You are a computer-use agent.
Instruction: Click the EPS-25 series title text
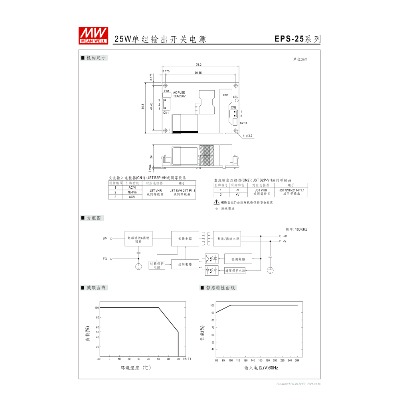coord(297,39)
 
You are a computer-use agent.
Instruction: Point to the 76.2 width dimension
coord(198,65)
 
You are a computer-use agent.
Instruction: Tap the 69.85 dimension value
coord(198,73)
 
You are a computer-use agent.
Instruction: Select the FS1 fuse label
coord(167,91)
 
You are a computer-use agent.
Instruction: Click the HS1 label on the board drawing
coord(225,95)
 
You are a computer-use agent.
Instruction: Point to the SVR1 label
coord(243,123)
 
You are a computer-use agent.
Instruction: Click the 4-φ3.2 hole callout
coord(247,136)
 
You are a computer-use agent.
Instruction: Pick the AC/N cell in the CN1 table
coord(132,187)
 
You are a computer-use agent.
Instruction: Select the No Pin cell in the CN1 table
coord(132,192)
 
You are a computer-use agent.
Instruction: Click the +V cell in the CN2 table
coord(237,194)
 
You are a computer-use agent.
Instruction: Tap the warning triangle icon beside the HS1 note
coord(217,203)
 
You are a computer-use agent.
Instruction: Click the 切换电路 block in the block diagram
coord(185,239)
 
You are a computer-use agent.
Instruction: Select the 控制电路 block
coord(185,264)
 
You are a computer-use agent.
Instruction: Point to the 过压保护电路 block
coord(235,271)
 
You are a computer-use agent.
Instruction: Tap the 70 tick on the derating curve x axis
coord(178,359)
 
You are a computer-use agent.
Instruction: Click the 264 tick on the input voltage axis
coord(296,360)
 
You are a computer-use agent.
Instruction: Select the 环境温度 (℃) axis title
coord(135,368)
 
